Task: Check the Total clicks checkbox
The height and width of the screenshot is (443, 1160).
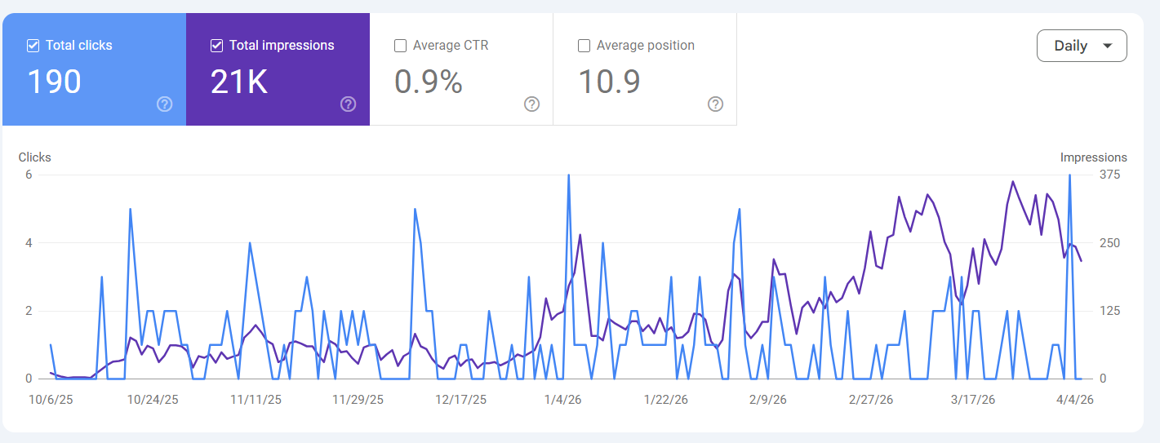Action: [x=33, y=46]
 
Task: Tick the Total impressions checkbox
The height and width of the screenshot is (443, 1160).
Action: [x=216, y=46]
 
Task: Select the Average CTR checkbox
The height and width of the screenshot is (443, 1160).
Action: [x=400, y=46]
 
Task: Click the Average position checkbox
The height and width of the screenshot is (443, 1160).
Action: [x=584, y=46]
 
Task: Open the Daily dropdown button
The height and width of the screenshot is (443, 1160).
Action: [x=1081, y=46]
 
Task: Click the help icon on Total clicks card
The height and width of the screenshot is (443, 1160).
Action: [x=164, y=104]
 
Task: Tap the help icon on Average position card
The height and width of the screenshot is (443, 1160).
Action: [x=715, y=104]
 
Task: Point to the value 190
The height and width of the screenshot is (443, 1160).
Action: [x=54, y=82]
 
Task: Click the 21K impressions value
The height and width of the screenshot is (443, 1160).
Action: [x=238, y=82]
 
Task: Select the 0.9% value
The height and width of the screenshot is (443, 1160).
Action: [x=428, y=82]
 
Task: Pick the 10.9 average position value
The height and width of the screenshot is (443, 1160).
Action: [x=609, y=82]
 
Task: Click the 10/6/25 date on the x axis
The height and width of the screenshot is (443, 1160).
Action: [x=51, y=400]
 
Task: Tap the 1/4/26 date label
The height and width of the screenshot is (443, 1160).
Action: [x=563, y=400]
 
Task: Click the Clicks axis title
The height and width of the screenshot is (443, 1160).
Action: [x=34, y=157]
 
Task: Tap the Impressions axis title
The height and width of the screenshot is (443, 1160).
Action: [x=1093, y=157]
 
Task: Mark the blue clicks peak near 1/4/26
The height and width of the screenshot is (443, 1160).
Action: [x=568, y=175]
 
